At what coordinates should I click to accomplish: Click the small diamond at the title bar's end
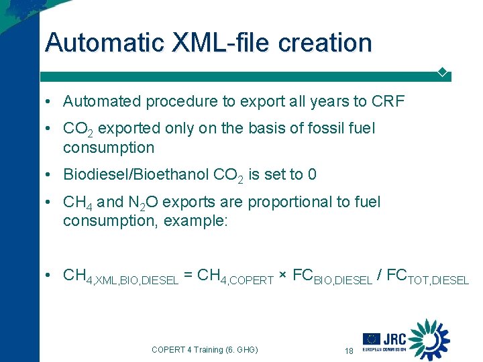[x=443, y=72]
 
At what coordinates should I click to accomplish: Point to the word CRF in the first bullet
[x=388, y=101]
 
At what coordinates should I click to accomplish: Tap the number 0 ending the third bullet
[x=311, y=175]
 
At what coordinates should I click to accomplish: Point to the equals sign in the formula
[x=189, y=276]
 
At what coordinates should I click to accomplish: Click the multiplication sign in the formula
[x=283, y=276]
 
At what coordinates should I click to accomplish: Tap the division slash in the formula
[x=381, y=276]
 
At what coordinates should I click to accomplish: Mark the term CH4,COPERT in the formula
[x=236, y=277]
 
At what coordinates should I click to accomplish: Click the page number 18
[x=348, y=351]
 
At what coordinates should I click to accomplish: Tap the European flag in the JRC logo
[x=372, y=339]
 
